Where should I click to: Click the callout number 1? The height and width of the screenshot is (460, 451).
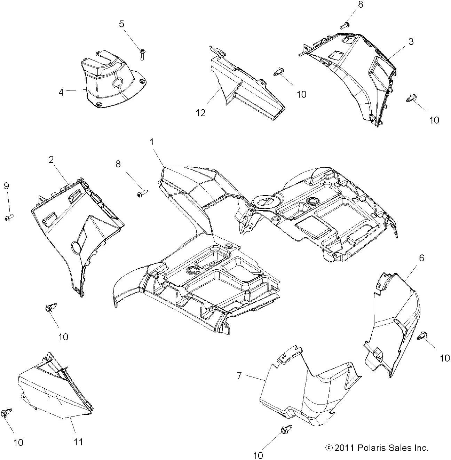(x=152, y=142)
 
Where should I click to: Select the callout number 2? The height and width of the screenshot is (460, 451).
(x=51, y=159)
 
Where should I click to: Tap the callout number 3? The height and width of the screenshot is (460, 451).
(x=411, y=41)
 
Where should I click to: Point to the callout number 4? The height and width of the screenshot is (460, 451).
(x=61, y=92)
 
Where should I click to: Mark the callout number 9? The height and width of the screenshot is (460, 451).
(x=6, y=186)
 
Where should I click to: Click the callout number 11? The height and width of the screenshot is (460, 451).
(x=78, y=442)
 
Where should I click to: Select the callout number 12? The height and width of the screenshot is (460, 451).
(x=201, y=113)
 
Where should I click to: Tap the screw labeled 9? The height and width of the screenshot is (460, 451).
(x=9, y=217)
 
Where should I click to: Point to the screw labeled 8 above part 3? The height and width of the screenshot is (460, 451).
(x=345, y=25)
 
